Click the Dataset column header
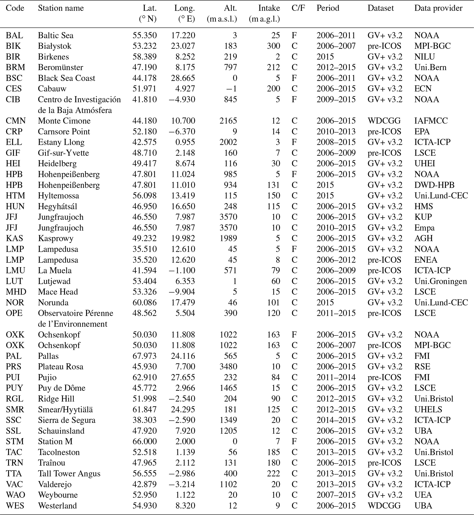pyautogui.click(x=380, y=8)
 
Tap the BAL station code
pyautogui.click(x=14, y=35)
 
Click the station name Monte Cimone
pyautogui.click(x=64, y=121)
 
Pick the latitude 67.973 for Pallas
pyautogui.click(x=144, y=356)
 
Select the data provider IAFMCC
pyautogui.click(x=431, y=121)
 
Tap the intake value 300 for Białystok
pyautogui.click(x=273, y=46)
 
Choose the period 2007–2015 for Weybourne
pyautogui.click(x=336, y=495)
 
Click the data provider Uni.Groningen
pyautogui.click(x=440, y=281)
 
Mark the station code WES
pyautogui.click(x=15, y=506)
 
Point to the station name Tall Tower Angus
pyautogui.click(x=69, y=473)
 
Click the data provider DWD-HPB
pyautogui.click(x=434, y=185)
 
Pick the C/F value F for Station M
pyautogui.click(x=294, y=441)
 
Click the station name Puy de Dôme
pyautogui.click(x=61, y=388)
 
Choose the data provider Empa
pyautogui.click(x=424, y=228)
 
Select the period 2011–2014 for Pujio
pyautogui.click(x=336, y=377)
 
